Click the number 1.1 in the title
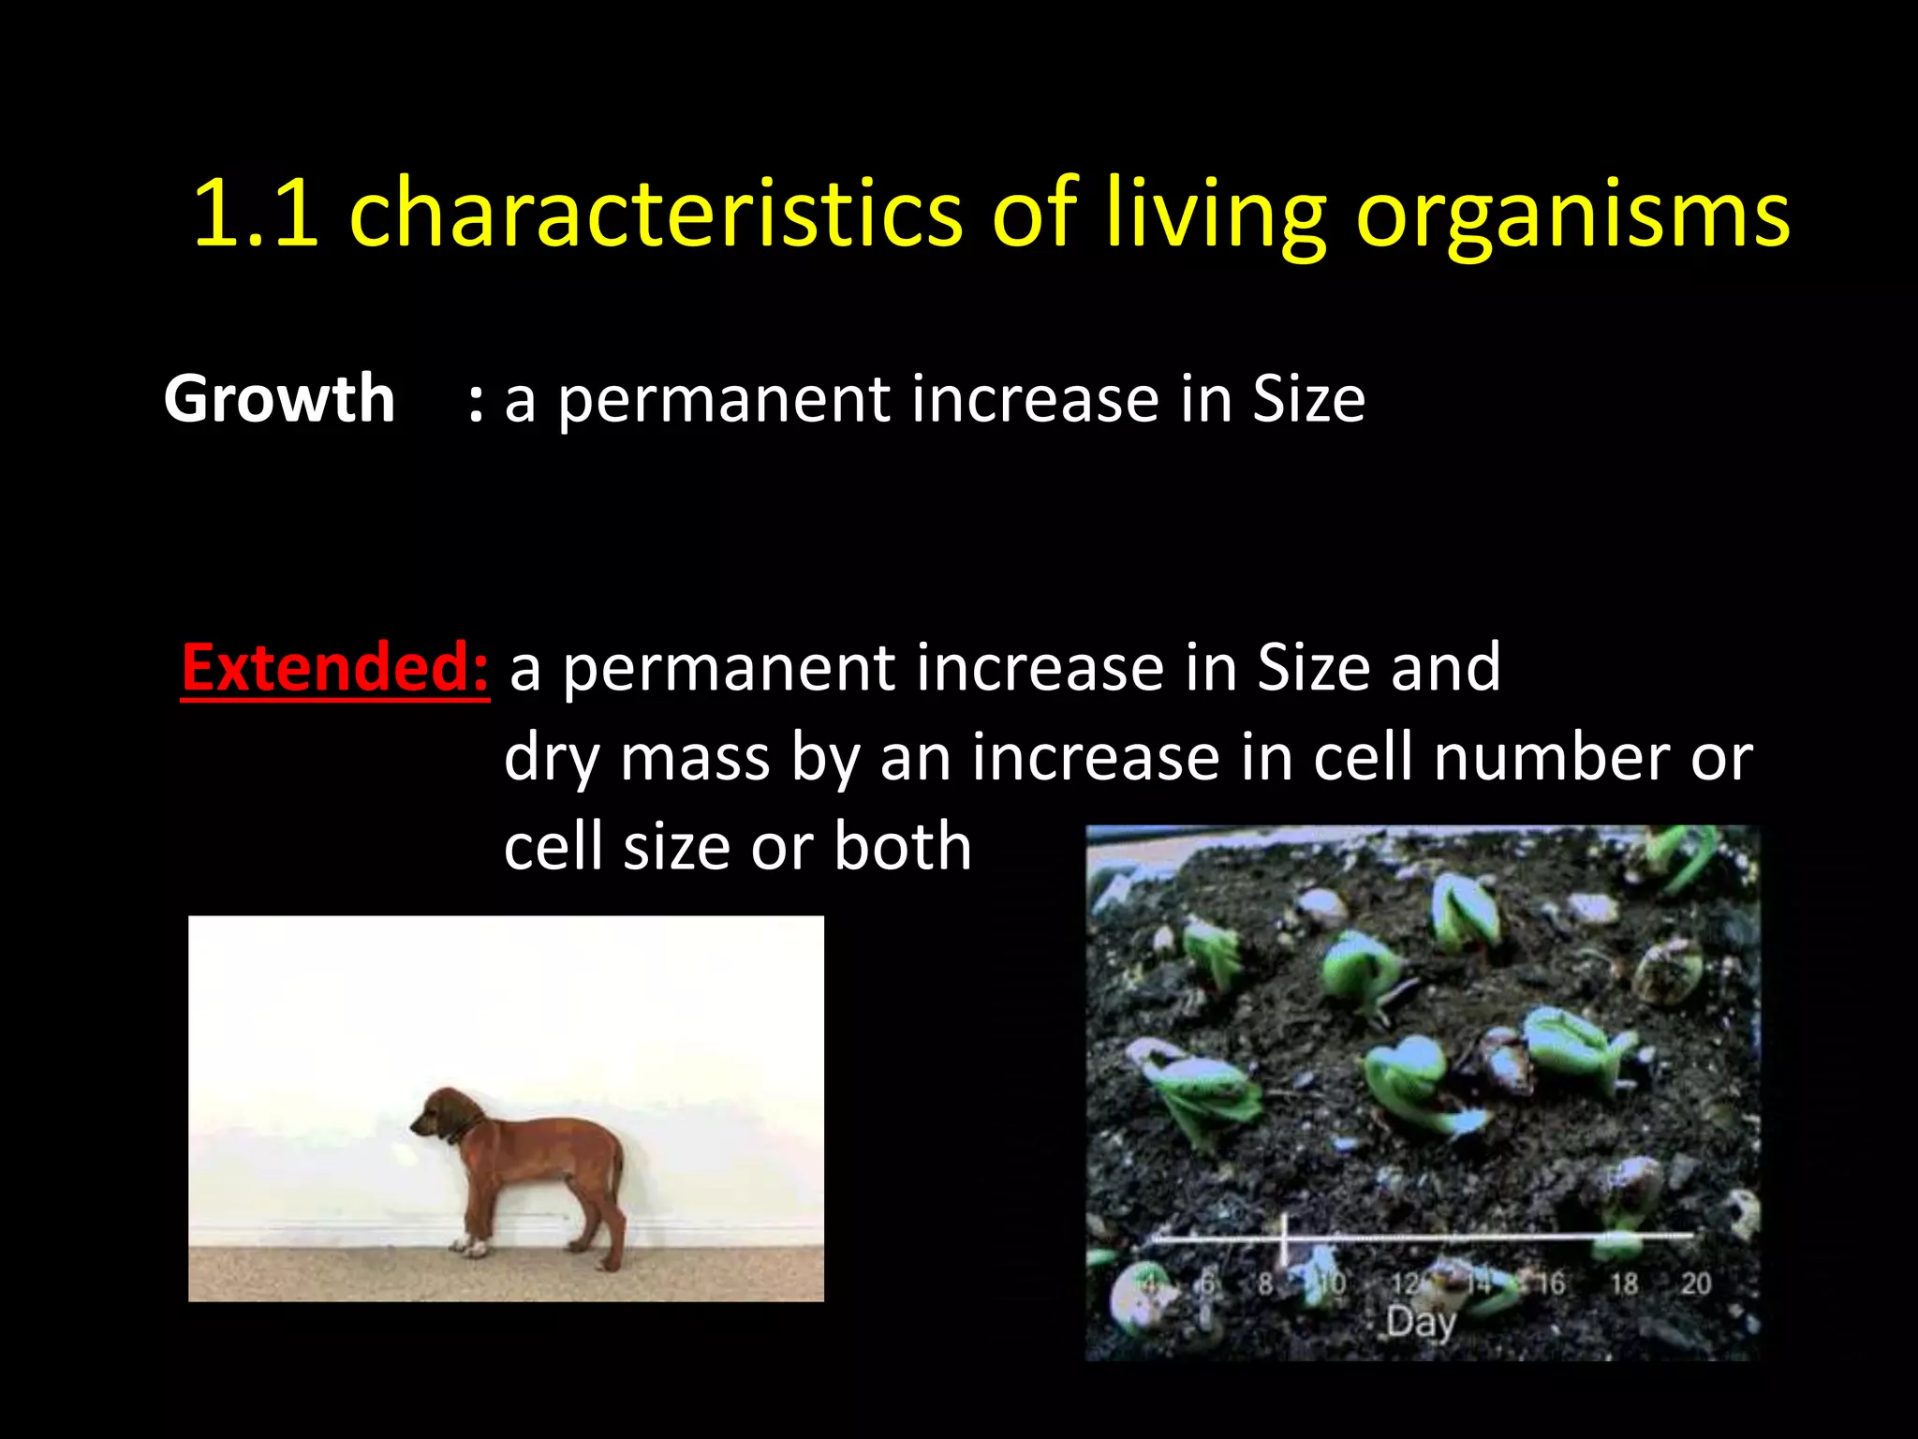click(x=255, y=214)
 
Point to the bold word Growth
click(x=279, y=399)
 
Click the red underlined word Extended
click(x=334, y=667)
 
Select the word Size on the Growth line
click(x=1308, y=399)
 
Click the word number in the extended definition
click(x=1550, y=757)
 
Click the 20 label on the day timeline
click(x=1695, y=1283)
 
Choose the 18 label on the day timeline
click(x=1624, y=1283)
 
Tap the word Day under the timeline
click(x=1421, y=1322)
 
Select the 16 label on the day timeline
click(x=1550, y=1283)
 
